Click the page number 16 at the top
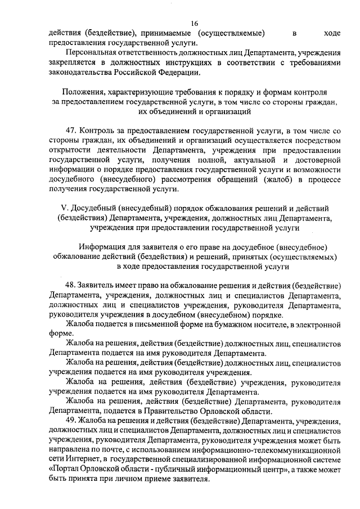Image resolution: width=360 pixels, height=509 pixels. point(195,23)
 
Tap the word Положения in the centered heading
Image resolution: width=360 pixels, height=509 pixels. point(84,91)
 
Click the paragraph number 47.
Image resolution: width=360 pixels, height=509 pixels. point(71,131)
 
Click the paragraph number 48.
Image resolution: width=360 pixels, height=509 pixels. point(71,283)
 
